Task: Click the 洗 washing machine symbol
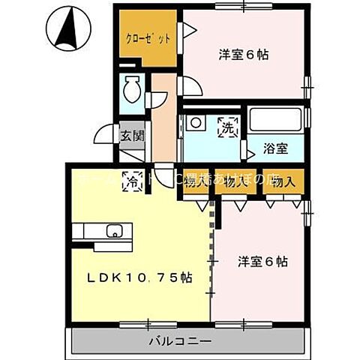click(x=226, y=128)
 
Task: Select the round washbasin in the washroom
click(x=196, y=123)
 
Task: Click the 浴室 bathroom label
click(x=275, y=148)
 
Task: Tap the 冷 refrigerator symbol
click(x=135, y=180)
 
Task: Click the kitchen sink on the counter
click(x=115, y=231)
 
